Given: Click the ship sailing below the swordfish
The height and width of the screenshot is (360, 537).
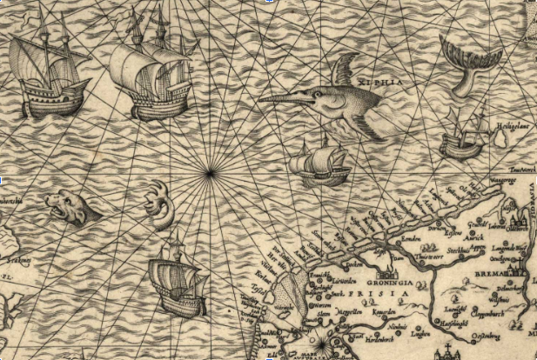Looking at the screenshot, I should point(319,164).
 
